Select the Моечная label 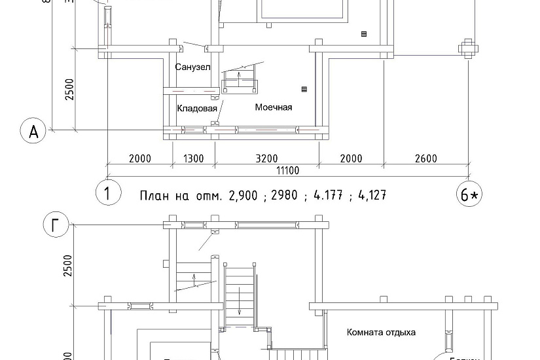(x=274, y=107)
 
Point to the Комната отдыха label (x=381, y=332)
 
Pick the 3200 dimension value (x=267, y=158)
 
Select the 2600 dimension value (x=425, y=158)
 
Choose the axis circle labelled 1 (x=107, y=193)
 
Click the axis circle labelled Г (x=56, y=226)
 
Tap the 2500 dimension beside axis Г (x=69, y=265)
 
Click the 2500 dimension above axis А (x=69, y=90)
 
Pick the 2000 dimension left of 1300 (x=140, y=158)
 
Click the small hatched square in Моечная (x=304, y=88)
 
